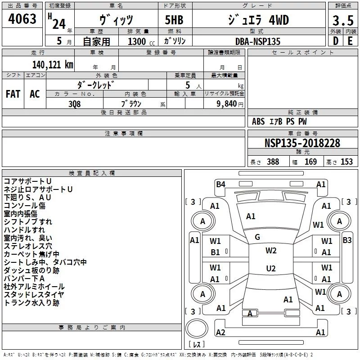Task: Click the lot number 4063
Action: pyautogui.click(x=22, y=19)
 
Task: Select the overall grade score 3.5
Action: pyautogui.click(x=343, y=20)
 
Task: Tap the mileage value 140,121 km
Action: pyautogui.click(x=53, y=65)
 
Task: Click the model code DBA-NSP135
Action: pyautogui.click(x=258, y=41)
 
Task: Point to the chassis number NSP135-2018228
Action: pyautogui.click(x=302, y=143)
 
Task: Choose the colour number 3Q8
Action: pyautogui.click(x=75, y=104)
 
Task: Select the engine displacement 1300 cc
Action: pyautogui.click(x=141, y=41)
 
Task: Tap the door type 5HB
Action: pyautogui.click(x=174, y=20)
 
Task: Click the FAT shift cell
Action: pyautogui.click(x=13, y=94)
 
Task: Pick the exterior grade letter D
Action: pyautogui.click(x=336, y=41)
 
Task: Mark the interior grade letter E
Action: pyautogui.click(x=350, y=41)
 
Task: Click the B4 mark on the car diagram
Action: pyautogui.click(x=220, y=184)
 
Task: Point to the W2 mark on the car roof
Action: pyautogui.click(x=271, y=251)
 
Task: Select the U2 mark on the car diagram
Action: pyautogui.click(x=271, y=268)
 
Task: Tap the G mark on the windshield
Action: pyautogui.click(x=257, y=237)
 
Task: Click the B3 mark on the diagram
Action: pyautogui.click(x=347, y=240)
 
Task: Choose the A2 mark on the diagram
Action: pyautogui.click(x=220, y=332)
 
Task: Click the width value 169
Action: pyautogui.click(x=310, y=162)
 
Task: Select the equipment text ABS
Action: pyautogui.click(x=258, y=121)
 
